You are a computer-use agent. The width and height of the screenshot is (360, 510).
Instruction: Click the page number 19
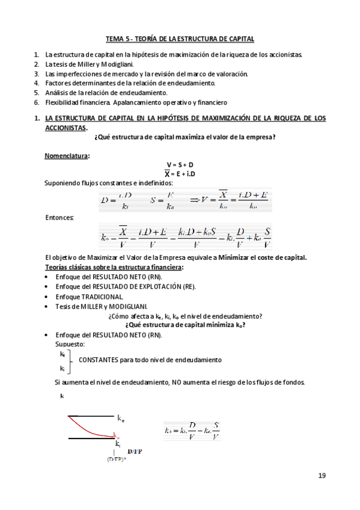click(x=322, y=476)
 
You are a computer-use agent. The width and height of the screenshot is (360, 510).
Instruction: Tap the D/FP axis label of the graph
click(x=135, y=450)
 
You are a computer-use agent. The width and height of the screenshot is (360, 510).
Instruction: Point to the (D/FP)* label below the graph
click(x=117, y=459)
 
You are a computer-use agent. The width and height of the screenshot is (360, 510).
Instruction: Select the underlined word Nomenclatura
click(x=66, y=156)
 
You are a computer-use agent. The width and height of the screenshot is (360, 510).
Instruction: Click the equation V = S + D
click(x=180, y=165)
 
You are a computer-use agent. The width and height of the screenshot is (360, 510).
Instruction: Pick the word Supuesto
click(x=70, y=343)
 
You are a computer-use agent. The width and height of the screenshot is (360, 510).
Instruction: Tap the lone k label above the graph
click(x=62, y=396)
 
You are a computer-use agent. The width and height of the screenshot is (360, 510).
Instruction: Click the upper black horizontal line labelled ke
click(x=90, y=416)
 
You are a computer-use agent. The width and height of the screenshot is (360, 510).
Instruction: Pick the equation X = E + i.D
click(x=180, y=174)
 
